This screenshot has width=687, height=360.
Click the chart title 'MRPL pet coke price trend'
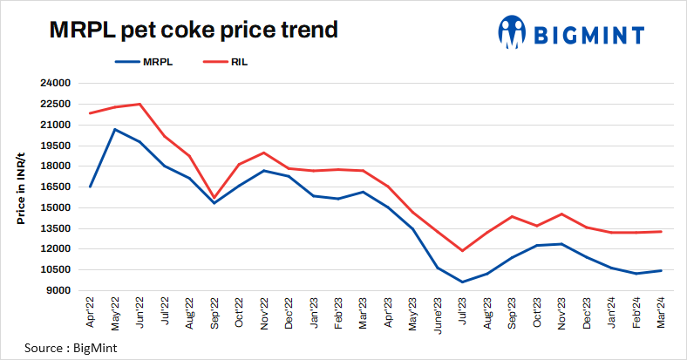[192, 31]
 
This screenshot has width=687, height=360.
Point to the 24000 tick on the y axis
[55, 84]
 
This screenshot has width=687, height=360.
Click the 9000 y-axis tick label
[58, 290]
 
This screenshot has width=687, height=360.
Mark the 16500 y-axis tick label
[55, 187]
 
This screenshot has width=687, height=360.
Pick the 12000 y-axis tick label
[55, 249]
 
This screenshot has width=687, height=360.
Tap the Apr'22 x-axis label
[91, 311]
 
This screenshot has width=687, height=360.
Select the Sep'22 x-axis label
[214, 311]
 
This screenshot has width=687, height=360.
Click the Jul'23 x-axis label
[463, 311]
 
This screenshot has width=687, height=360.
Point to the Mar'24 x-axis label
[662, 311]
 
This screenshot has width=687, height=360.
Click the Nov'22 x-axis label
[264, 311]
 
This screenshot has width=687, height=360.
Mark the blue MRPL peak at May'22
[115, 129]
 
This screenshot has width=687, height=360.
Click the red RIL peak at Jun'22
[139, 104]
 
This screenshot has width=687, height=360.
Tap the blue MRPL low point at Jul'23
[463, 282]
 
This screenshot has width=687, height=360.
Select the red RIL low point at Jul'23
[463, 251]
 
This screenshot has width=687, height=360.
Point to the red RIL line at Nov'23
[562, 214]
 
